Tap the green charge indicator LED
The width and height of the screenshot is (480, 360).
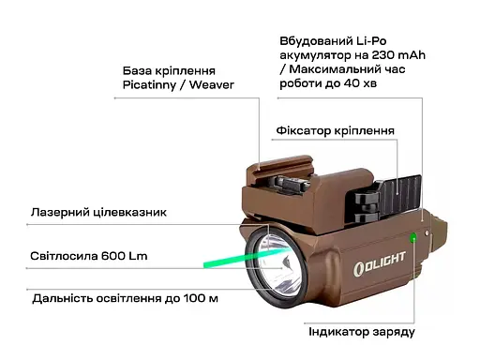pyautogui.click(x=412, y=235)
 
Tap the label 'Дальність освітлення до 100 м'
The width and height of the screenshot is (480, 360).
pyautogui.click(x=124, y=299)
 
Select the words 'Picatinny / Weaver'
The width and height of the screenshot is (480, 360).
pyautogui.click(x=177, y=85)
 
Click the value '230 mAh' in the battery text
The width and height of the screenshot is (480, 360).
pyautogui.click(x=393, y=55)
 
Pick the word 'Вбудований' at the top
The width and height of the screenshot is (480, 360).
pyautogui.click(x=314, y=41)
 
